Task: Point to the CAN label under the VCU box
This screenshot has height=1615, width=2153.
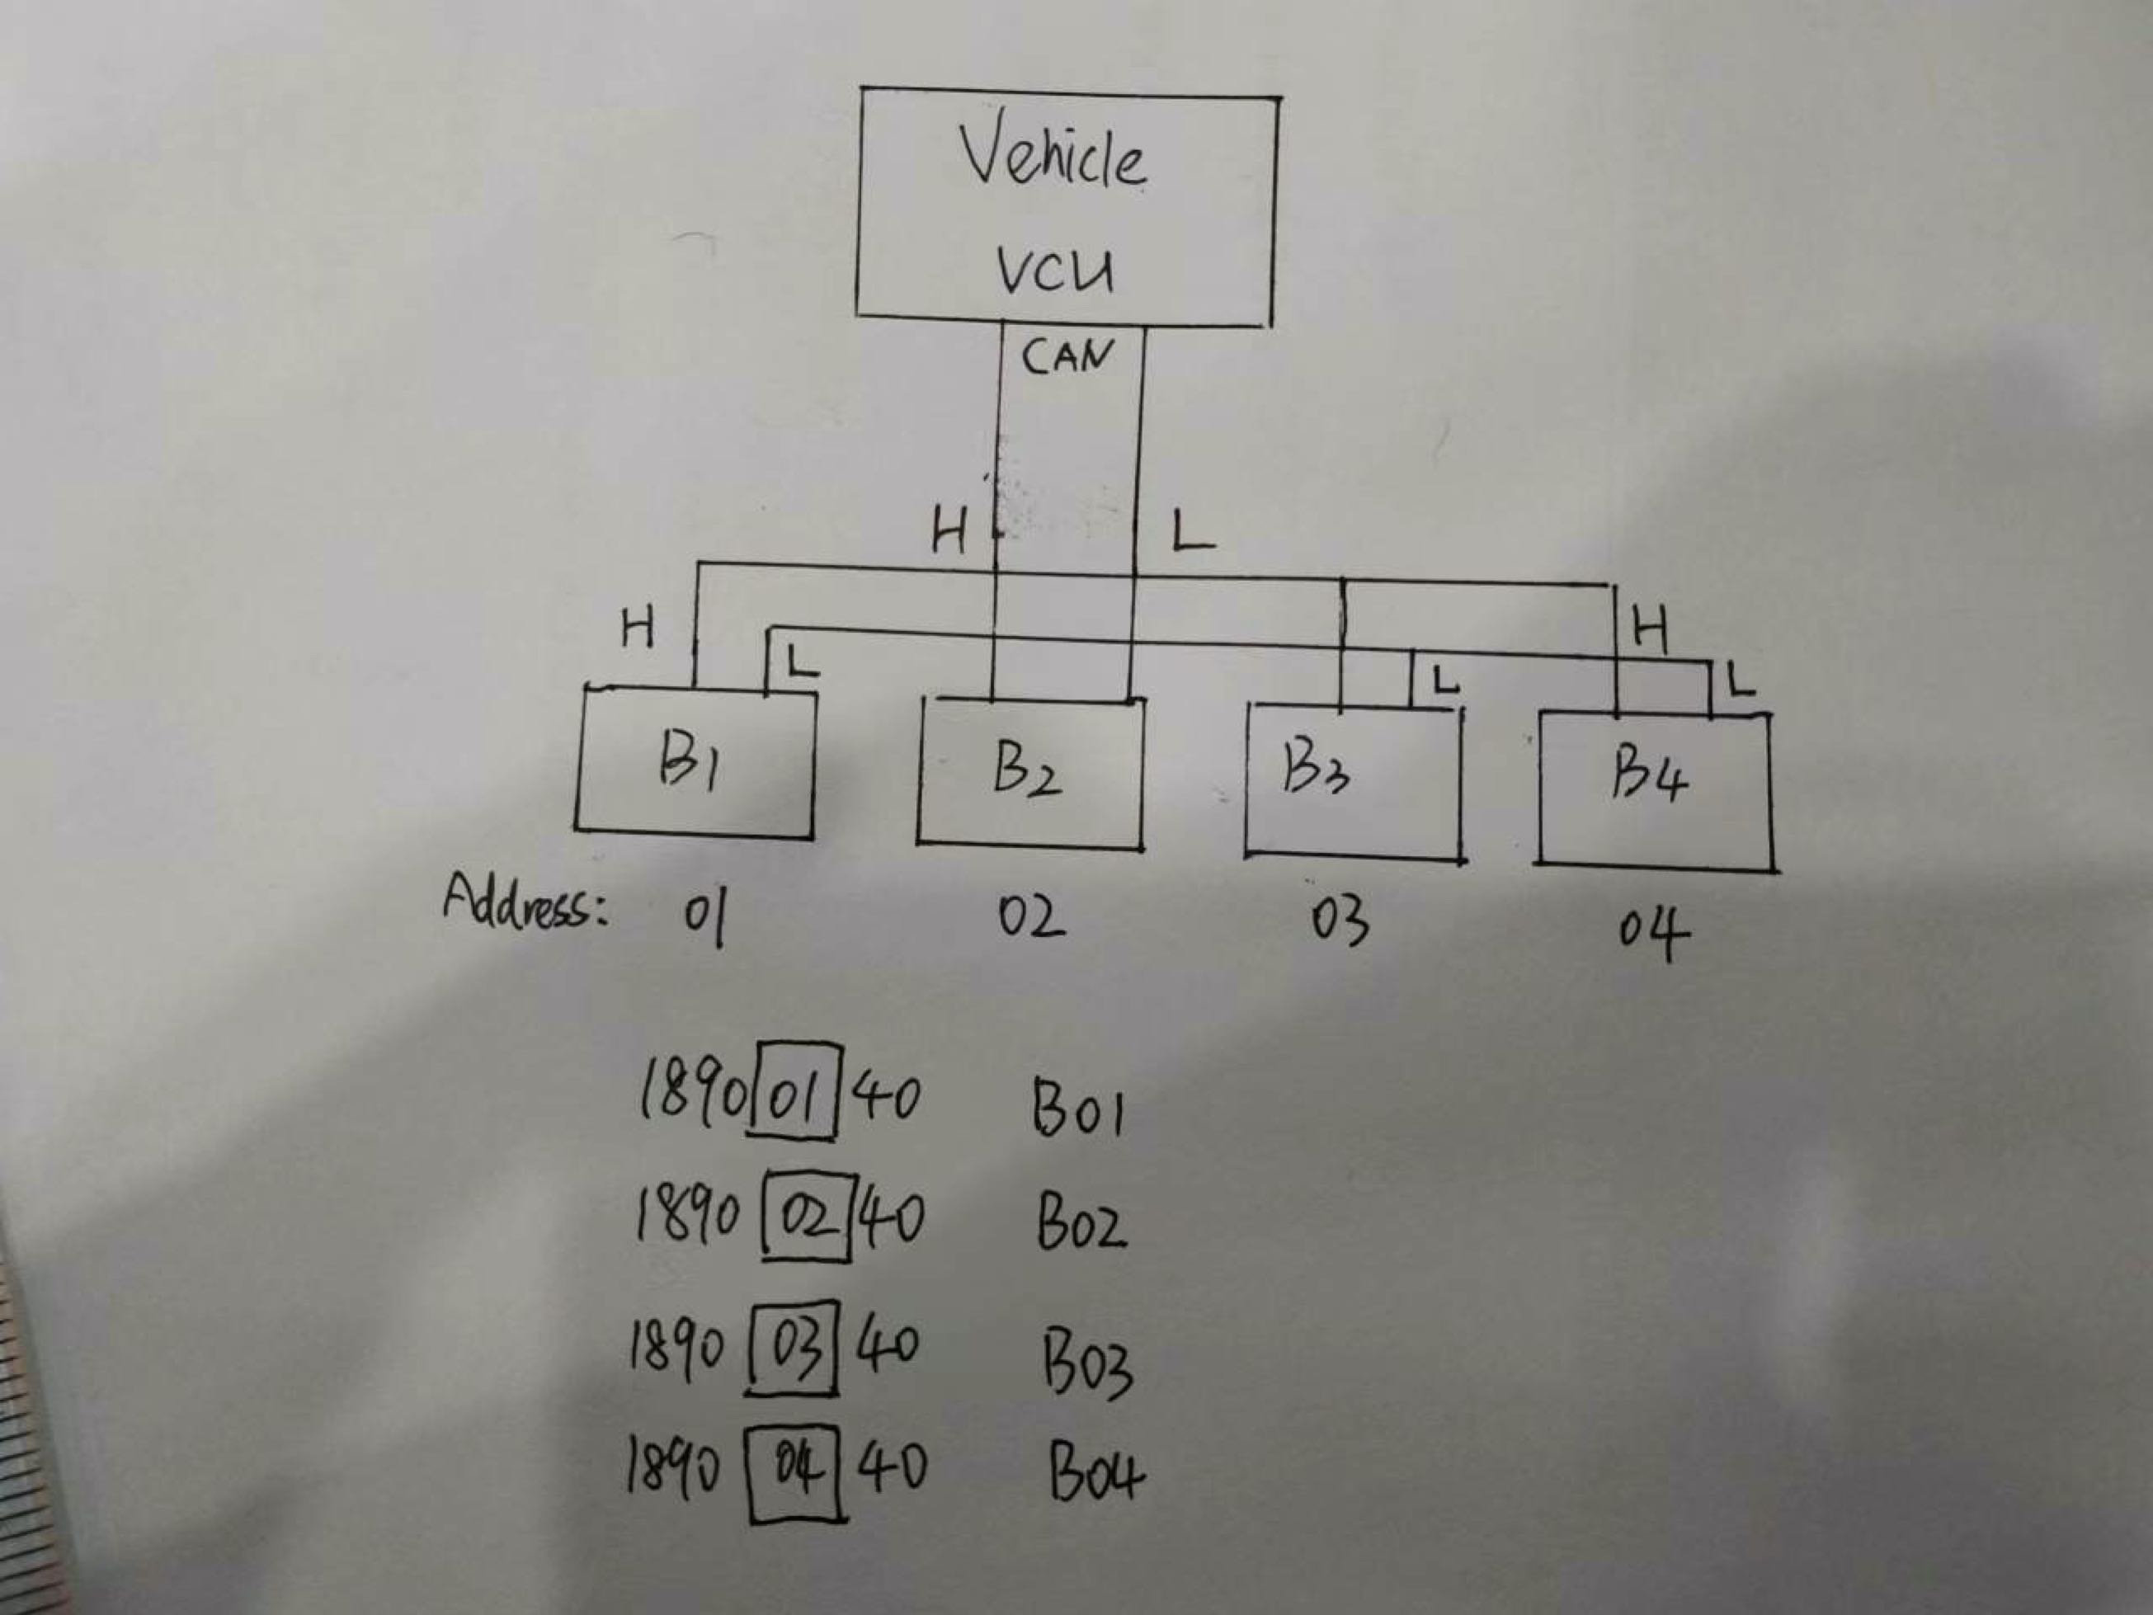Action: click(1067, 356)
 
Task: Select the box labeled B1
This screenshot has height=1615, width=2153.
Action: click(695, 760)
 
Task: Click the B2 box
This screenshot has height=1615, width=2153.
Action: click(1031, 772)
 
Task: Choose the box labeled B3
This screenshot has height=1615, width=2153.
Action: click(1354, 782)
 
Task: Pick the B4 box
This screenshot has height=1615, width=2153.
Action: click(1655, 789)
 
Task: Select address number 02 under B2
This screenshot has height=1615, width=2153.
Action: click(1031, 918)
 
